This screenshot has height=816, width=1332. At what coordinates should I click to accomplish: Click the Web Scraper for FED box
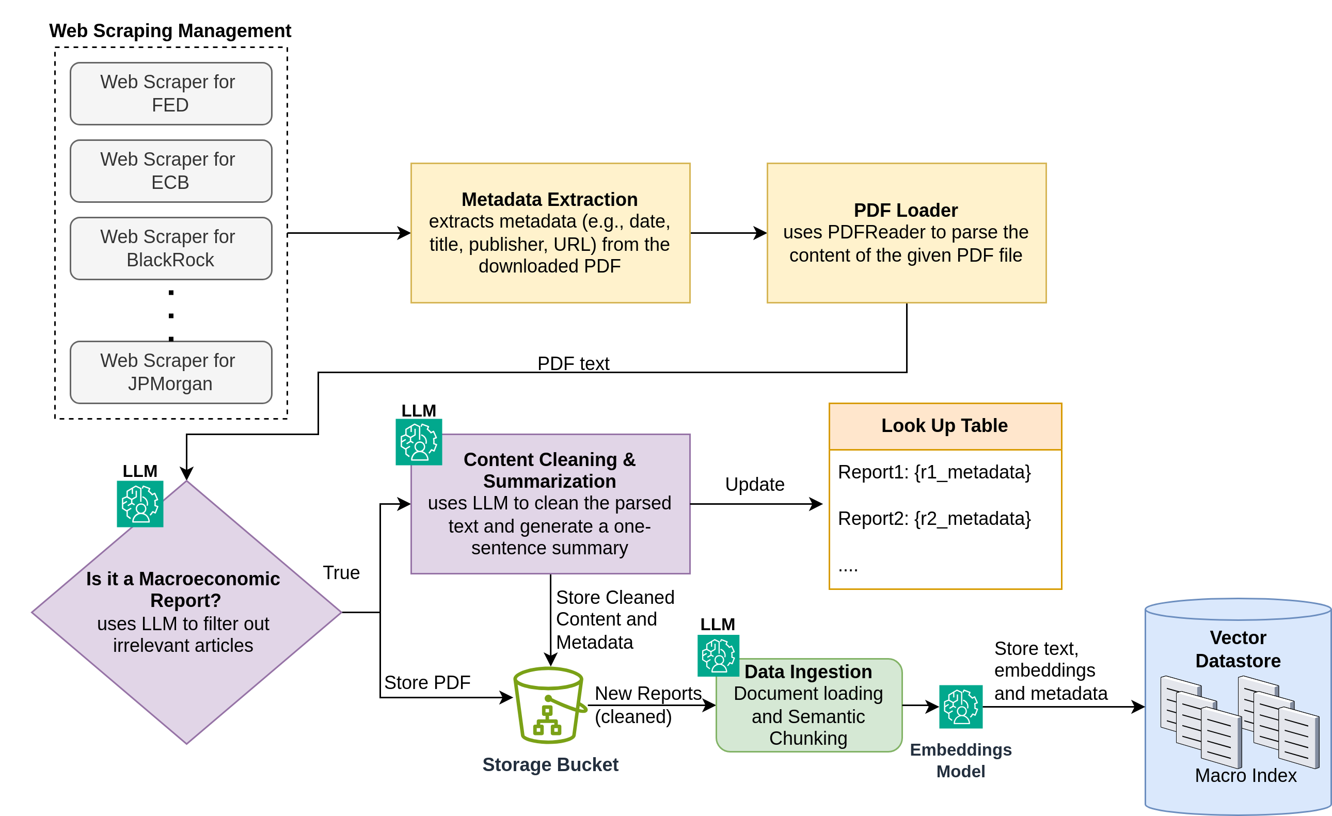tap(171, 93)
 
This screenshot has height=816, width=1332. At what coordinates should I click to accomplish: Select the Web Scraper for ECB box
tap(171, 171)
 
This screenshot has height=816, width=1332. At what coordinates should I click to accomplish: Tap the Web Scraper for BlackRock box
tap(171, 248)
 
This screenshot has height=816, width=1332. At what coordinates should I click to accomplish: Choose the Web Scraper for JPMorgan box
tap(171, 372)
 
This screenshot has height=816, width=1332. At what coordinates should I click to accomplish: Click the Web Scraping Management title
tap(170, 31)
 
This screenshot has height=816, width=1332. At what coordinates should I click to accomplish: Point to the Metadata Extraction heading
tap(549, 199)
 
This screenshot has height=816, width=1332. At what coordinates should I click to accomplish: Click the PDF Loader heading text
tap(906, 210)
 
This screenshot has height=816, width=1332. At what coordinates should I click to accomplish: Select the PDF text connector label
tap(573, 364)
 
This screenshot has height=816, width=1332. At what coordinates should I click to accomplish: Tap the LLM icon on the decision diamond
tap(140, 504)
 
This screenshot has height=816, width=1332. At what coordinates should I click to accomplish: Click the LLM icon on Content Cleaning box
tap(419, 442)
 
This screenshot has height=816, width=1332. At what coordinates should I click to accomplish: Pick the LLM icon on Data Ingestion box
tap(718, 655)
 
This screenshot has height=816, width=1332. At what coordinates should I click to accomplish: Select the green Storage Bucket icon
tap(549, 705)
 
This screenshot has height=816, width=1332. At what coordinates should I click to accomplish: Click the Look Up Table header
tap(944, 426)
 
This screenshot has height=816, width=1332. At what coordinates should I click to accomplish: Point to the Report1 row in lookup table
tap(934, 472)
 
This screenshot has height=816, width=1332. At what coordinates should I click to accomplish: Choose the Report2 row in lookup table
tap(934, 519)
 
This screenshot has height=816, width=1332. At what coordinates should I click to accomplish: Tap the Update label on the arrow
tap(755, 484)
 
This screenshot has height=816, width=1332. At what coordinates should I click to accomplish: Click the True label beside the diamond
tap(341, 573)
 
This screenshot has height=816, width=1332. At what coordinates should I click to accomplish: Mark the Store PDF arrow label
tap(427, 682)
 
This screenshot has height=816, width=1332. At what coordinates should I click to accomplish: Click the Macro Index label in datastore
tap(1245, 775)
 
